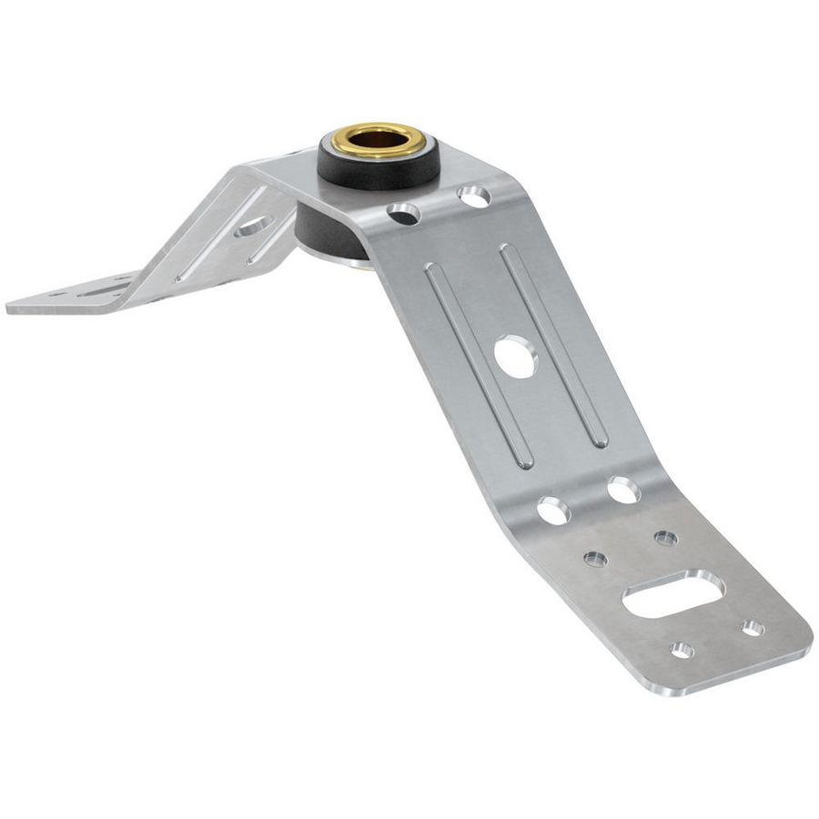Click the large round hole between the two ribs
[x=517, y=355]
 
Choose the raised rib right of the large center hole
[x=555, y=346]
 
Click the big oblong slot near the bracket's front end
[x=673, y=594]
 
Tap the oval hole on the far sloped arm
[x=252, y=225]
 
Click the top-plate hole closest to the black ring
[x=403, y=214]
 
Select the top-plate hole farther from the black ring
[x=472, y=194]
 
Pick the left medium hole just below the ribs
[x=552, y=511]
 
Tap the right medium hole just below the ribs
[x=623, y=490]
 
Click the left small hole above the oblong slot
[x=595, y=559]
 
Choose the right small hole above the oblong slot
[x=665, y=539]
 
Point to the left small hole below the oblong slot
[x=681, y=650]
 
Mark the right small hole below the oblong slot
[x=752, y=628]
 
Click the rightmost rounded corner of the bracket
[x=805, y=642]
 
